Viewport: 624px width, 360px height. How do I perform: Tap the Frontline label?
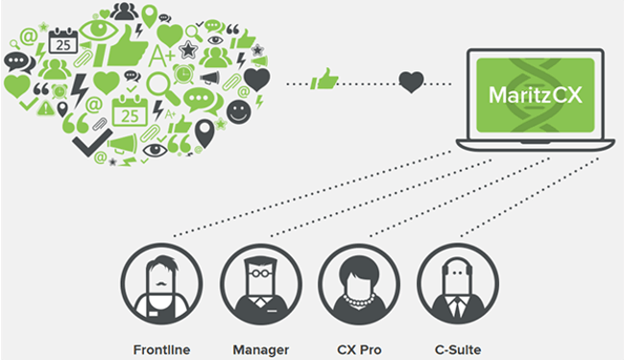[160, 348]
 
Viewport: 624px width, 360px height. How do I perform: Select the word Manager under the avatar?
[260, 348]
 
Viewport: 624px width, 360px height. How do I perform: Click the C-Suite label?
[457, 348]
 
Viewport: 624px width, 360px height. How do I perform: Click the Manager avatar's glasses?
[260, 275]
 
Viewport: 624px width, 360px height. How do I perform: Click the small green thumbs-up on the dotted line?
[326, 78]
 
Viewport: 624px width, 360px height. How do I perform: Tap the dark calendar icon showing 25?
[62, 42]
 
